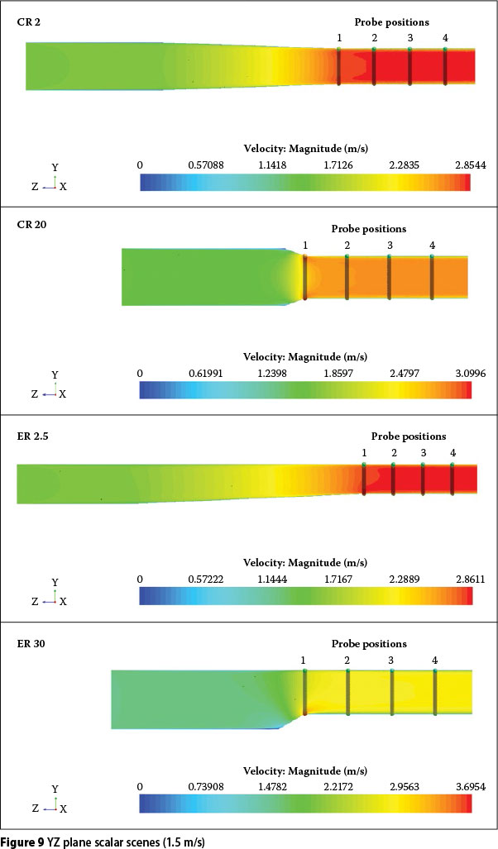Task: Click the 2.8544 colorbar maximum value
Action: click(470, 165)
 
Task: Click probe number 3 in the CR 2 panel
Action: click(410, 39)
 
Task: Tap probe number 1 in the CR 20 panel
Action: click(305, 246)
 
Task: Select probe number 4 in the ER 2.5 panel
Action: click(453, 453)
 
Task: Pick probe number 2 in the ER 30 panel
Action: click(347, 660)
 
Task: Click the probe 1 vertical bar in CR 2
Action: click(339, 66)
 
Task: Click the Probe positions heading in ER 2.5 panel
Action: click(409, 436)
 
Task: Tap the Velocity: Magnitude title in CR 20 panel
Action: click(306, 358)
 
